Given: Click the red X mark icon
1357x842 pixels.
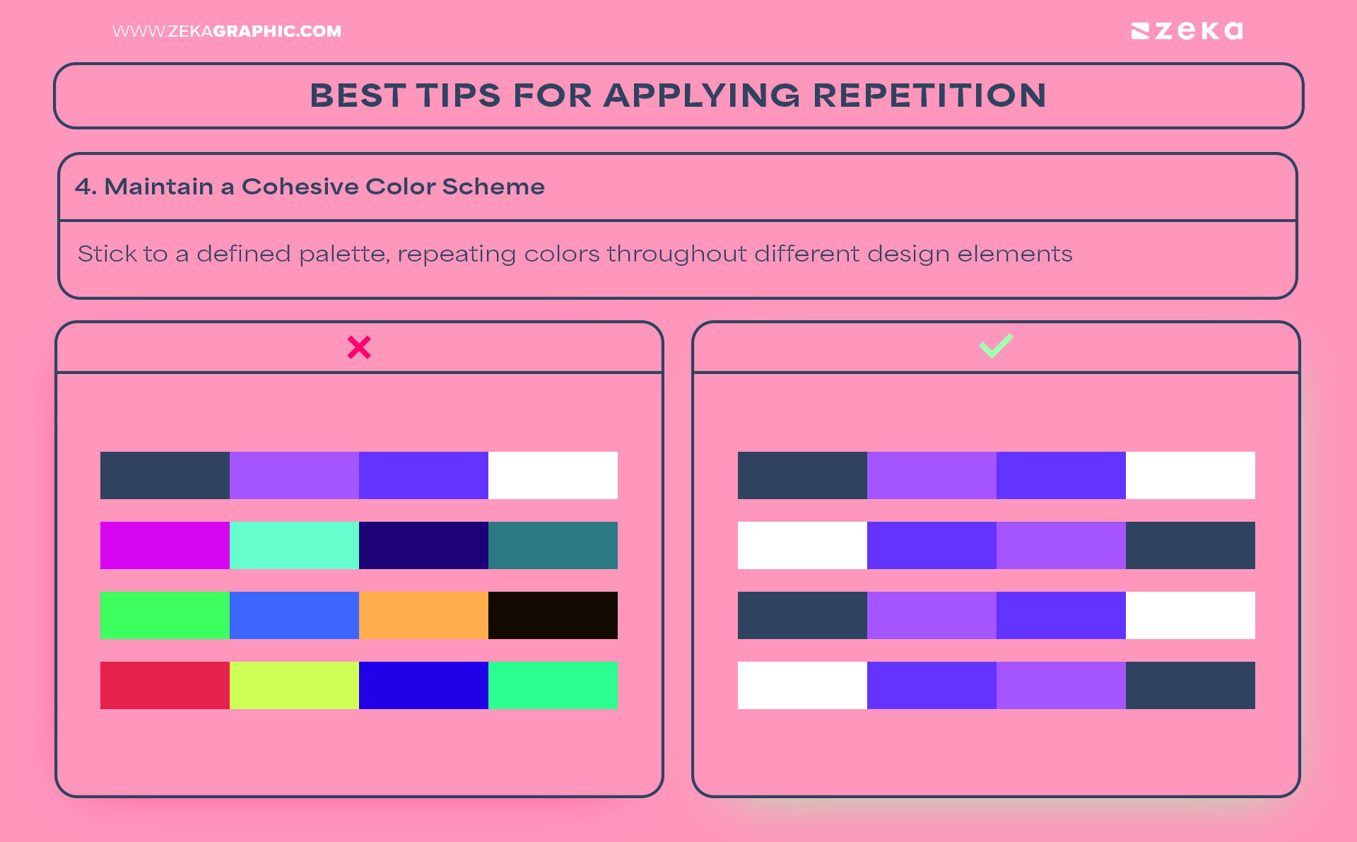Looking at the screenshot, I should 359,347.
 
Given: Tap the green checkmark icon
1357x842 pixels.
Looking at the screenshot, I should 996,346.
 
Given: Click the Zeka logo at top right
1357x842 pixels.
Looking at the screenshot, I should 1187,31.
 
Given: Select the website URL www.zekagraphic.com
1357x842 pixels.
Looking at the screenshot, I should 226,31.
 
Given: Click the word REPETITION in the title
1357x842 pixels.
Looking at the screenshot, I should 929,95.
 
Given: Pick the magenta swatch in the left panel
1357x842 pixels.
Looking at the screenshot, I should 165,545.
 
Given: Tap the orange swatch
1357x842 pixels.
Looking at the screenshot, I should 423,615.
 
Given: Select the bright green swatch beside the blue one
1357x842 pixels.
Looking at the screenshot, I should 165,615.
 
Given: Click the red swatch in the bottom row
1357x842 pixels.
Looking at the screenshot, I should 165,685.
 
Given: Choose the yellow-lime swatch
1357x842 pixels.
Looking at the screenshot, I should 294,685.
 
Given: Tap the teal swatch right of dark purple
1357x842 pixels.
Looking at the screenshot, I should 553,545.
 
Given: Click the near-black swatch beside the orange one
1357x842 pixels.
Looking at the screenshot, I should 553,615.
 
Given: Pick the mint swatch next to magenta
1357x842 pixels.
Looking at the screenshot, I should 294,545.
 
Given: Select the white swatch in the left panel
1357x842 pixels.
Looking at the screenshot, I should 553,475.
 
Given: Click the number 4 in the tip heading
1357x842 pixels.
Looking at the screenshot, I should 83,187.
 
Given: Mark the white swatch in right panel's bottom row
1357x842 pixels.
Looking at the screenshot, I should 802,685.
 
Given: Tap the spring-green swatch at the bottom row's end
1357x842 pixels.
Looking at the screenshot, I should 553,685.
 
